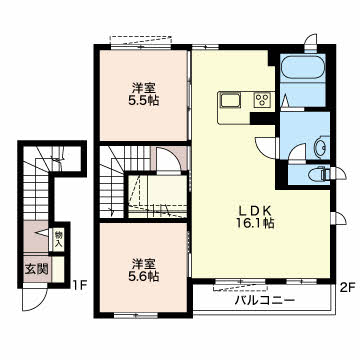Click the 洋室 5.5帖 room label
pyautogui.click(x=144, y=94)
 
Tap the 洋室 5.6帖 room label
pyautogui.click(x=144, y=270)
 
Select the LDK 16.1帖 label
pyautogui.click(x=255, y=217)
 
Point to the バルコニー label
pyautogui.click(x=265, y=301)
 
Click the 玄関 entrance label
pyautogui.click(x=36, y=268)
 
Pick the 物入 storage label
pyautogui.click(x=59, y=240)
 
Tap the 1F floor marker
pyautogui.click(x=80, y=285)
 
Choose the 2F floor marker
pyautogui.click(x=348, y=287)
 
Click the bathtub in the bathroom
pyautogui.click(x=303, y=68)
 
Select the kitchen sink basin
pyautogui.click(x=229, y=100)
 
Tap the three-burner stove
pyautogui.click(x=262, y=100)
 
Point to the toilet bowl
pyautogui.click(x=318, y=174)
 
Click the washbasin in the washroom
pyautogui.click(x=322, y=146)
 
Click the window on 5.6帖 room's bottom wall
pyautogui.click(x=136, y=315)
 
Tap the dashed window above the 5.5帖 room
pyautogui.click(x=142, y=40)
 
